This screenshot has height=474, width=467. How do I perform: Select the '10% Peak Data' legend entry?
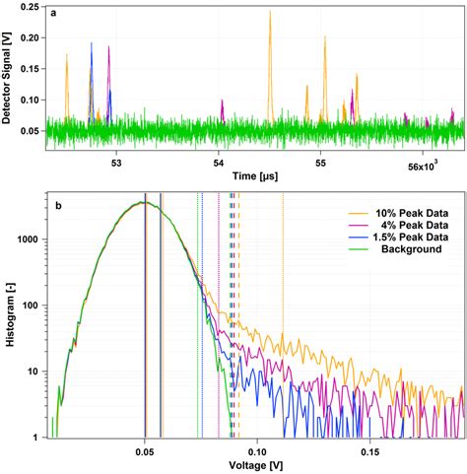(x=404, y=213)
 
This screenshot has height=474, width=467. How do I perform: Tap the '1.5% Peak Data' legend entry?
(x=404, y=238)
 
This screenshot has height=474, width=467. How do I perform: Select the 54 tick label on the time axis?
(x=219, y=162)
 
